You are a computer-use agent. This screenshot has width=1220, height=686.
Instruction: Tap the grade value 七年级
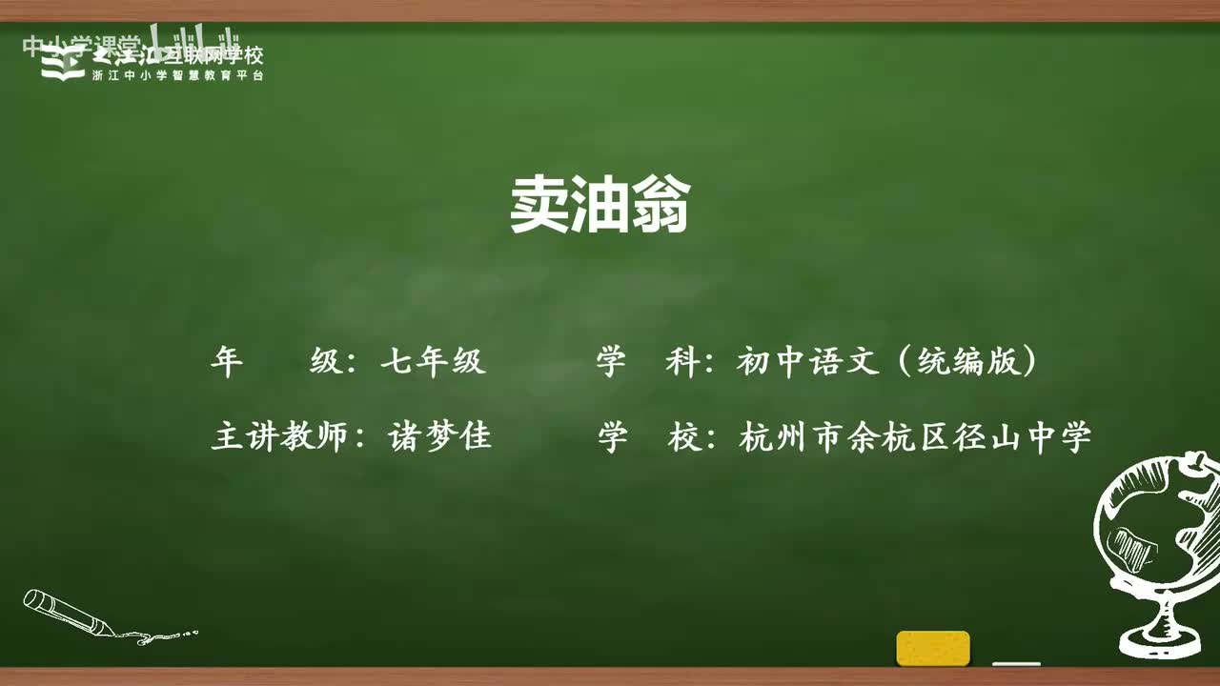[434, 362]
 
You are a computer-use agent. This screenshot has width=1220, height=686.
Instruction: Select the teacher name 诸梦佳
[440, 437]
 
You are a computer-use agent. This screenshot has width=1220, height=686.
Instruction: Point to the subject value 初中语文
[807, 362]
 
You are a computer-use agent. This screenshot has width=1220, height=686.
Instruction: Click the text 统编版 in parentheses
[966, 362]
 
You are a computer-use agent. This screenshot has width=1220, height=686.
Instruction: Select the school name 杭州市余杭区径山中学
[914, 437]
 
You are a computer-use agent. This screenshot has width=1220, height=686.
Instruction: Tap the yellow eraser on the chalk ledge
[932, 648]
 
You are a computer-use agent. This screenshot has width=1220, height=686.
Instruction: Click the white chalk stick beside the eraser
[1016, 663]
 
